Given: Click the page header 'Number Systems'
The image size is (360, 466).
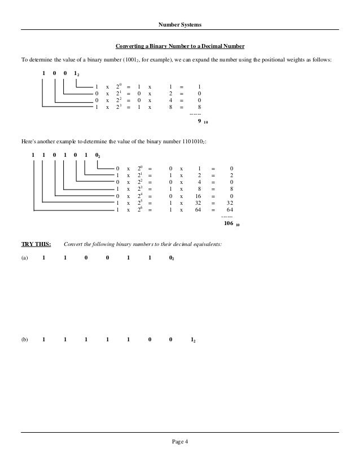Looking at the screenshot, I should (180, 24).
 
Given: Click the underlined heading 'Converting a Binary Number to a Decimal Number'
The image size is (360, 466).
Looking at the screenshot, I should (180, 46).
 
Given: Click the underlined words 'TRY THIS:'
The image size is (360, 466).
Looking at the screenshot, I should (36, 245).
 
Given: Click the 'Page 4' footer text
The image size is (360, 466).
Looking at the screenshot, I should (180, 441).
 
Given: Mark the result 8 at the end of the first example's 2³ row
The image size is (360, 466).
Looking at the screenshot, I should (199, 107).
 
